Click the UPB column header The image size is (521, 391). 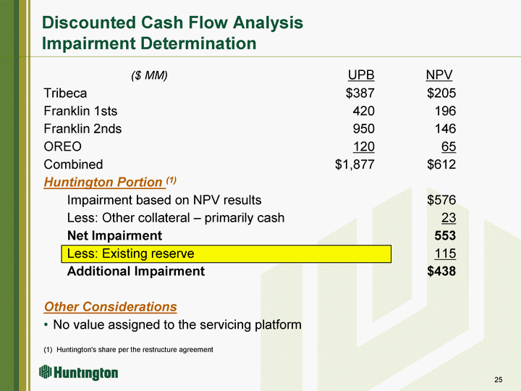361,75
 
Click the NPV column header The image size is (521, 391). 439,75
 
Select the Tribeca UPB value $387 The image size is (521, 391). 360,93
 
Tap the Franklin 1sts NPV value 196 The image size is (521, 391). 445,111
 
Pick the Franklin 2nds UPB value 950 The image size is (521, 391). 363,129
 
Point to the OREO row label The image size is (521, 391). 62,146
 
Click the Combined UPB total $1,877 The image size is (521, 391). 355,164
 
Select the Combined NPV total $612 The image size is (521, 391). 441,164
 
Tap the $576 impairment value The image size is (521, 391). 441,200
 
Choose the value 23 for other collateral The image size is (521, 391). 449,218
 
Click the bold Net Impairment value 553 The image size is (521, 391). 445,236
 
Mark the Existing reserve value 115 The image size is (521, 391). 445,253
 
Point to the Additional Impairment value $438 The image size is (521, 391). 441,272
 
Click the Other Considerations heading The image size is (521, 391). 110,306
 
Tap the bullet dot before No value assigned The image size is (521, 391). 46,325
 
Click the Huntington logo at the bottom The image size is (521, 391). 78,372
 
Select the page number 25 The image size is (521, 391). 499,379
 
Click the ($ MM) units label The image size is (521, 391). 149,76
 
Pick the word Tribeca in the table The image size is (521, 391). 65,93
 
